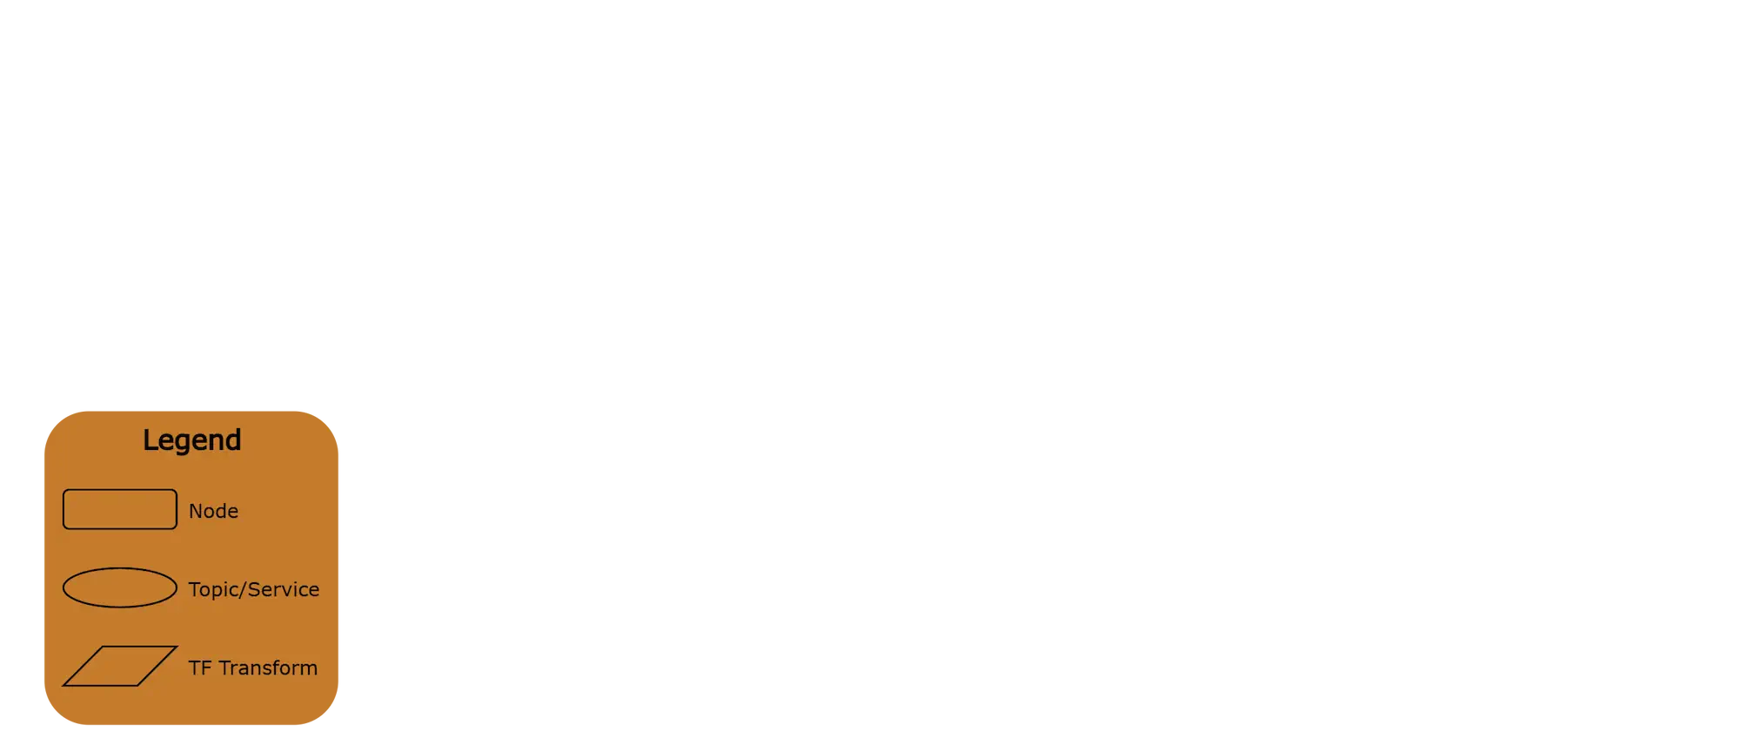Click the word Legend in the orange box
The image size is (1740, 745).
[191, 440]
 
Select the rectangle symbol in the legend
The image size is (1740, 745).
[119, 509]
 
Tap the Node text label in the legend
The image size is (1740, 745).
[213, 511]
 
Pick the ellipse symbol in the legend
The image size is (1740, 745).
[119, 587]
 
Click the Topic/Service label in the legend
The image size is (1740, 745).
[253, 589]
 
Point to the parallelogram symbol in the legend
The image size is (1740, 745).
[119, 666]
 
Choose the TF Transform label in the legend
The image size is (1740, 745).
[252, 668]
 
